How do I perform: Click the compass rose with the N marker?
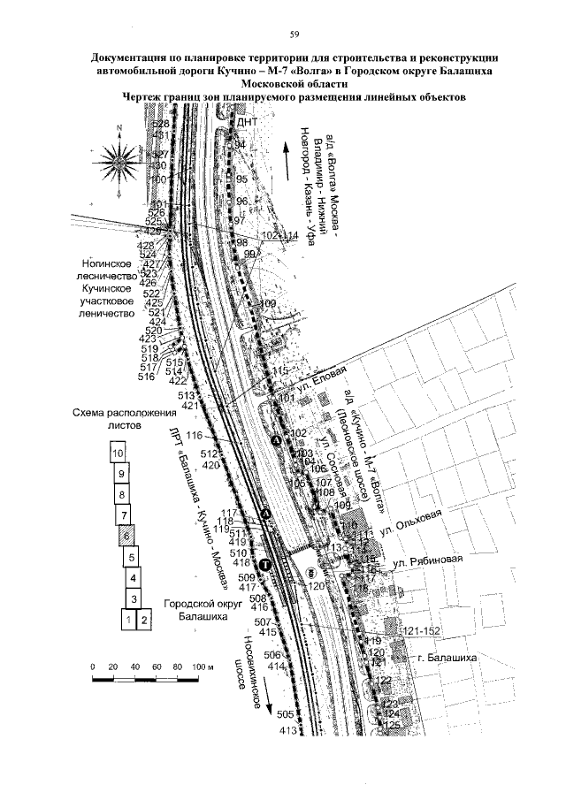point(118,159)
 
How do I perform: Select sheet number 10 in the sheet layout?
point(117,452)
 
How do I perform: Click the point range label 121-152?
point(420,629)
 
